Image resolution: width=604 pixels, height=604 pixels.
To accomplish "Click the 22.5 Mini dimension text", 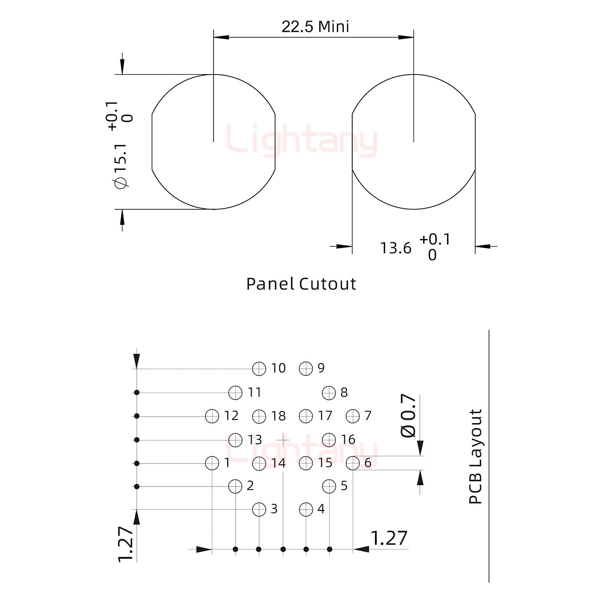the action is [x=315, y=26].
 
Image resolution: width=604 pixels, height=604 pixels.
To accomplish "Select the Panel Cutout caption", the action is [x=301, y=284].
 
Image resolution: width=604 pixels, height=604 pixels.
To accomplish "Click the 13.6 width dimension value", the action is [x=396, y=248].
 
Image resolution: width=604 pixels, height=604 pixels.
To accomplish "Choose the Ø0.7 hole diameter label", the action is [x=408, y=416].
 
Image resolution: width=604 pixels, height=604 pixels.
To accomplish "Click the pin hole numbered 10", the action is [x=259, y=369].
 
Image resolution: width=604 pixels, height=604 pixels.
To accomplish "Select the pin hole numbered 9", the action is [x=306, y=369].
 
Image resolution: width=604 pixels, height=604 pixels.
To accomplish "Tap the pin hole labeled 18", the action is [x=259, y=416].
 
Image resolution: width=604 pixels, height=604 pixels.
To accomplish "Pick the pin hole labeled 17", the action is [x=306, y=416].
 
